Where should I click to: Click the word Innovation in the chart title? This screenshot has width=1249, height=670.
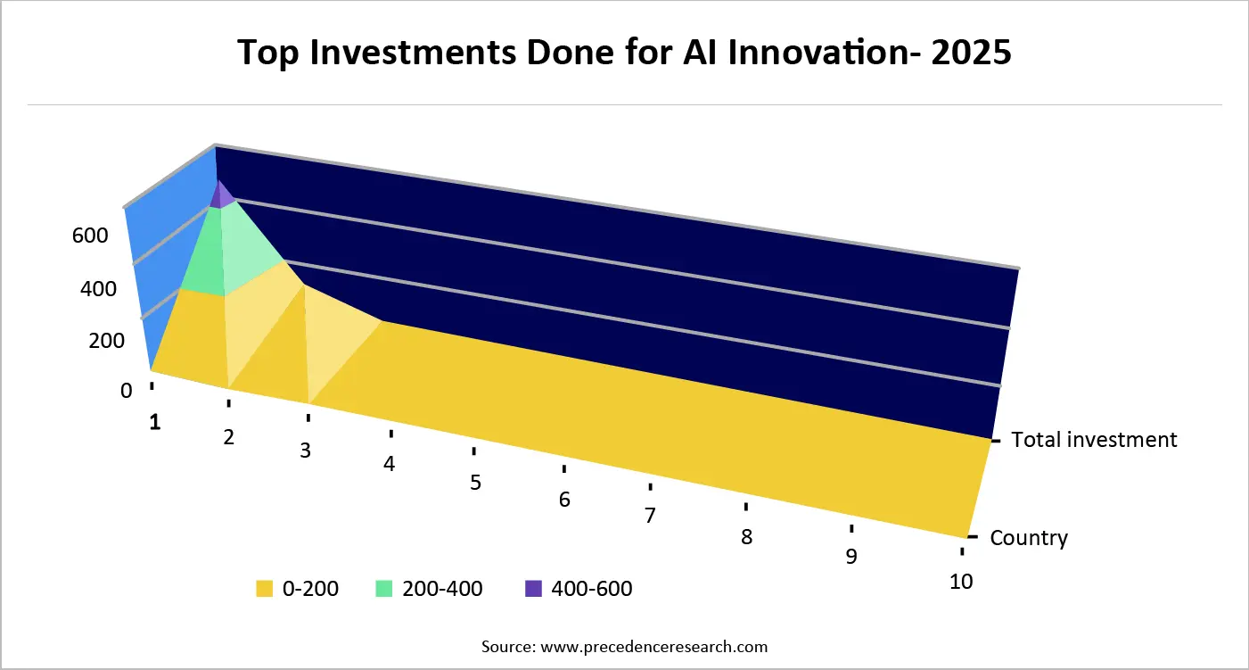click(826, 54)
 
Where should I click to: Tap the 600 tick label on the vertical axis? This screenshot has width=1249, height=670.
click(90, 236)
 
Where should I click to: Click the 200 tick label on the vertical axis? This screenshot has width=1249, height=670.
click(106, 341)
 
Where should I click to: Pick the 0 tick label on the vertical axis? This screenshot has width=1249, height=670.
click(126, 391)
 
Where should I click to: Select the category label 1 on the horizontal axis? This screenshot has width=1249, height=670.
click(155, 422)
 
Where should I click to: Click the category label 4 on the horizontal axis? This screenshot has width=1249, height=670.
click(390, 465)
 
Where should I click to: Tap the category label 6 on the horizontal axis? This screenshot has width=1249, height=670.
click(564, 500)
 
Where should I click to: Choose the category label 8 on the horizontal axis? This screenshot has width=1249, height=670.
click(746, 537)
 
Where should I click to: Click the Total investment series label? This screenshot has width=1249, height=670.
click(1095, 440)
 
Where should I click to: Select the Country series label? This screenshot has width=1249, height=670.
click(1029, 538)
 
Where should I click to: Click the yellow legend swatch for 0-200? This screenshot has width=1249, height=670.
click(264, 589)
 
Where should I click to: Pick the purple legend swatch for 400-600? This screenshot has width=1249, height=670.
click(533, 589)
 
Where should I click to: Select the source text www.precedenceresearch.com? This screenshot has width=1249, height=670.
click(653, 646)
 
